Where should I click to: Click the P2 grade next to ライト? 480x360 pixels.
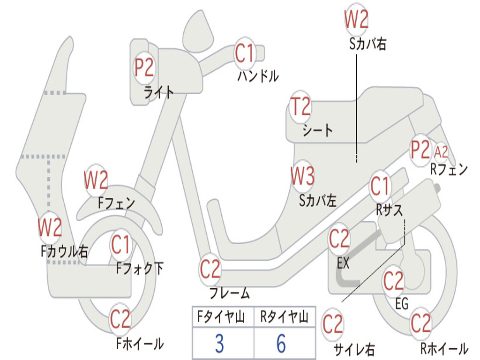tap(144, 67)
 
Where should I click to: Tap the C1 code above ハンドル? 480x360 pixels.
tap(244, 53)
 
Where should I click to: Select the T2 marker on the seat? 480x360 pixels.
tap(300, 107)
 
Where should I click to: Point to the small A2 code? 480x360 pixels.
tap(441, 151)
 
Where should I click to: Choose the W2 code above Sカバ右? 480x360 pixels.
tap(356, 20)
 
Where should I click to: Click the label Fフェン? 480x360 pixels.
tap(116, 203)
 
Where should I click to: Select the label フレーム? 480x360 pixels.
tap(230, 294)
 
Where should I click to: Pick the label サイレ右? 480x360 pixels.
tap(354, 349)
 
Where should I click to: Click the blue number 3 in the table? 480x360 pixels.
tap(219, 344)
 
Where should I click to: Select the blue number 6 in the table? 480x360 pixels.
tap(281, 344)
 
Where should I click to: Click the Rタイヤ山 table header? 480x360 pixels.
tap(284, 318)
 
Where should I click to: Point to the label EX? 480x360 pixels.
tap(343, 263)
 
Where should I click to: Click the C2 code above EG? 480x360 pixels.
tap(393, 281)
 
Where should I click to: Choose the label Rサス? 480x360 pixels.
tap(389, 210)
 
